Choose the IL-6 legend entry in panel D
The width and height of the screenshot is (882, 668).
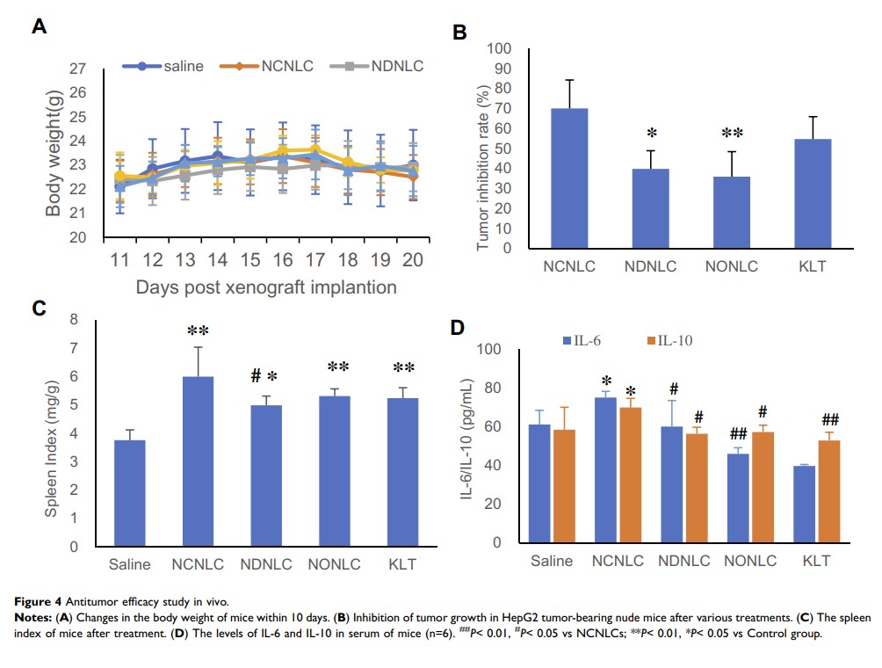click(588, 339)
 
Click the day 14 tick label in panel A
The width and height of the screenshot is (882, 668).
click(217, 260)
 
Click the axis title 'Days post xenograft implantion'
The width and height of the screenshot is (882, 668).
click(266, 287)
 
